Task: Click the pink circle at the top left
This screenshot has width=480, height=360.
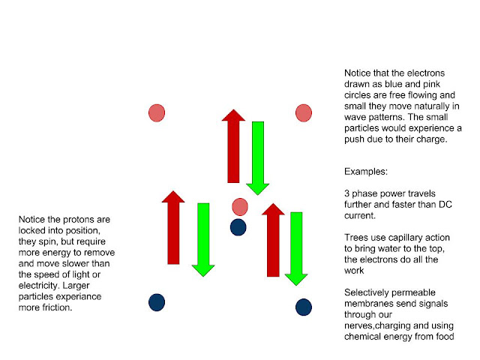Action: [156, 113]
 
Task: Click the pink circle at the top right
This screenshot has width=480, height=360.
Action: [303, 113]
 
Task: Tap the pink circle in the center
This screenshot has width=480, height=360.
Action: [240, 207]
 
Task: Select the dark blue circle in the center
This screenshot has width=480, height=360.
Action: [238, 226]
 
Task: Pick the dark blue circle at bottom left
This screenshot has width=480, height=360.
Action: [156, 302]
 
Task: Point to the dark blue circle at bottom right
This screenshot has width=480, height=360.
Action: [303, 307]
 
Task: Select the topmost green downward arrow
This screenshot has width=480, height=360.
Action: [257, 157]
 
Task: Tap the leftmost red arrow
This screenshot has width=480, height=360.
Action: [173, 228]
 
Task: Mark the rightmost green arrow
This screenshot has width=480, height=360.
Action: [296, 247]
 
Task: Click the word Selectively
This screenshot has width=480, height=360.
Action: [369, 292]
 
